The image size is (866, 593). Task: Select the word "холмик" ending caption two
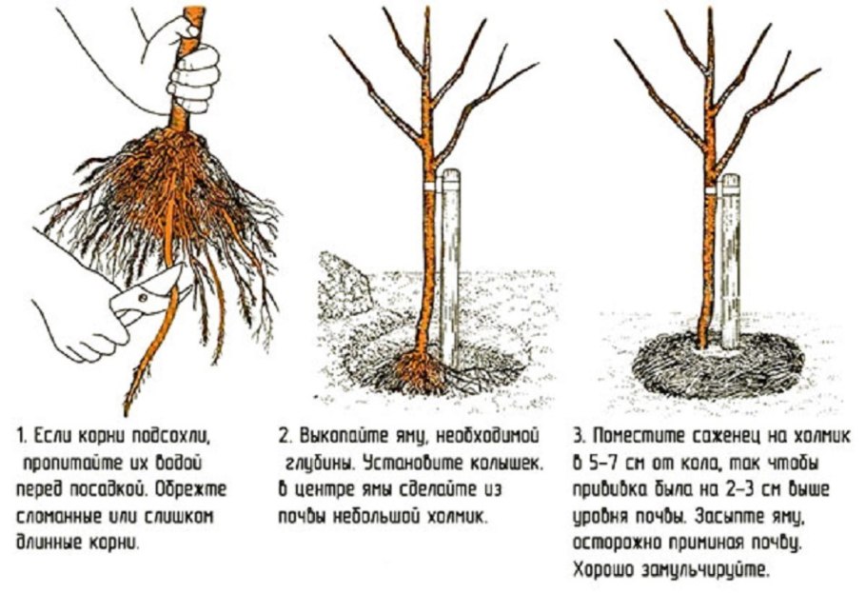(455, 517)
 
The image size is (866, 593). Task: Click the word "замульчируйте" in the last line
(710, 571)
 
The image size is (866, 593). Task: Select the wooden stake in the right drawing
(730, 267)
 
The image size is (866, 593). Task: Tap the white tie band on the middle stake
(428, 186)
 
